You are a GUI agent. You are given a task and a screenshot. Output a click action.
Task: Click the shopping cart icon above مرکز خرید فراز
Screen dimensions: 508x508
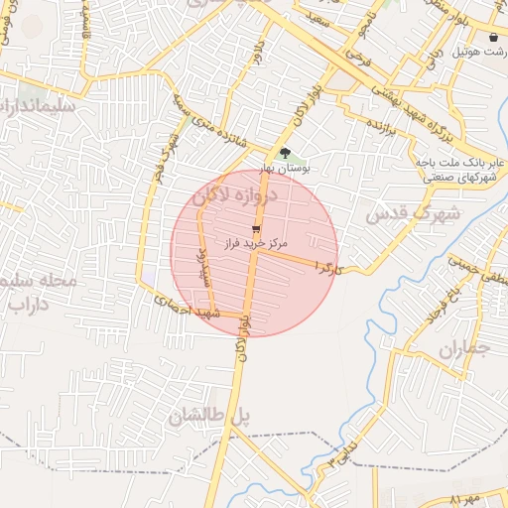(x=257, y=227)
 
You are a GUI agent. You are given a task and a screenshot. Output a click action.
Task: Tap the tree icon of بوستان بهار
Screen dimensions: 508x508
(x=285, y=154)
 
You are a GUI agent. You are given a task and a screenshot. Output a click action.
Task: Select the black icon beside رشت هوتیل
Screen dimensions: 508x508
(x=494, y=37)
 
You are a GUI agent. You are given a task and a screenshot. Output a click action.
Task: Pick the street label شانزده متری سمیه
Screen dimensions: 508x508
(x=207, y=119)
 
